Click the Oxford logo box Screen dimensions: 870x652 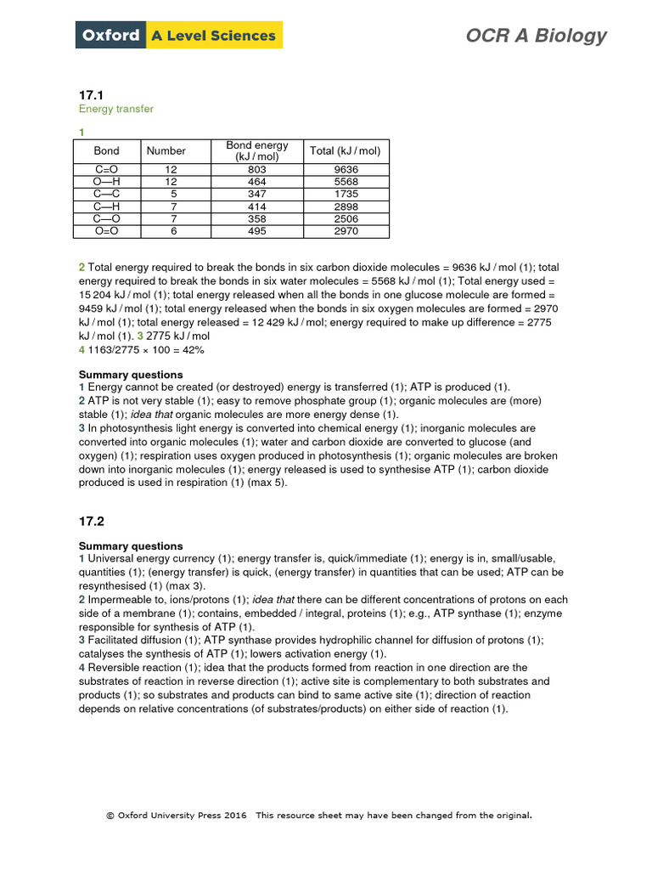pyautogui.click(x=110, y=35)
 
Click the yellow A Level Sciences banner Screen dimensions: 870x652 pyautogui.click(x=213, y=35)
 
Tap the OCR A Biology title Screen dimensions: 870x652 pyautogui.click(x=536, y=35)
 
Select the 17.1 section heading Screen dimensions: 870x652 pyautogui.click(x=92, y=95)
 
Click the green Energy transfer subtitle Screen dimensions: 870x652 pyautogui.click(x=116, y=110)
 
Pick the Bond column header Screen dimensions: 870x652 pyautogui.click(x=107, y=151)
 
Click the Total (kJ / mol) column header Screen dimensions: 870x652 pyautogui.click(x=346, y=151)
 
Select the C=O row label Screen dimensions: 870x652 pyautogui.click(x=107, y=169)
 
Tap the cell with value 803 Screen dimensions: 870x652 pyautogui.click(x=257, y=169)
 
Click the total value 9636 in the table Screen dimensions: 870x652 pyautogui.click(x=346, y=169)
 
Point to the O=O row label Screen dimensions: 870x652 pyautogui.click(x=107, y=231)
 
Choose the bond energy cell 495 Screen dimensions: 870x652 pyautogui.click(x=257, y=231)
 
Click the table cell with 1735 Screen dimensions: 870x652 pyautogui.click(x=346, y=194)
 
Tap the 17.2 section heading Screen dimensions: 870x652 pyautogui.click(x=92, y=520)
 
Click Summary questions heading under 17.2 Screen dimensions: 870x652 pyautogui.click(x=131, y=545)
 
